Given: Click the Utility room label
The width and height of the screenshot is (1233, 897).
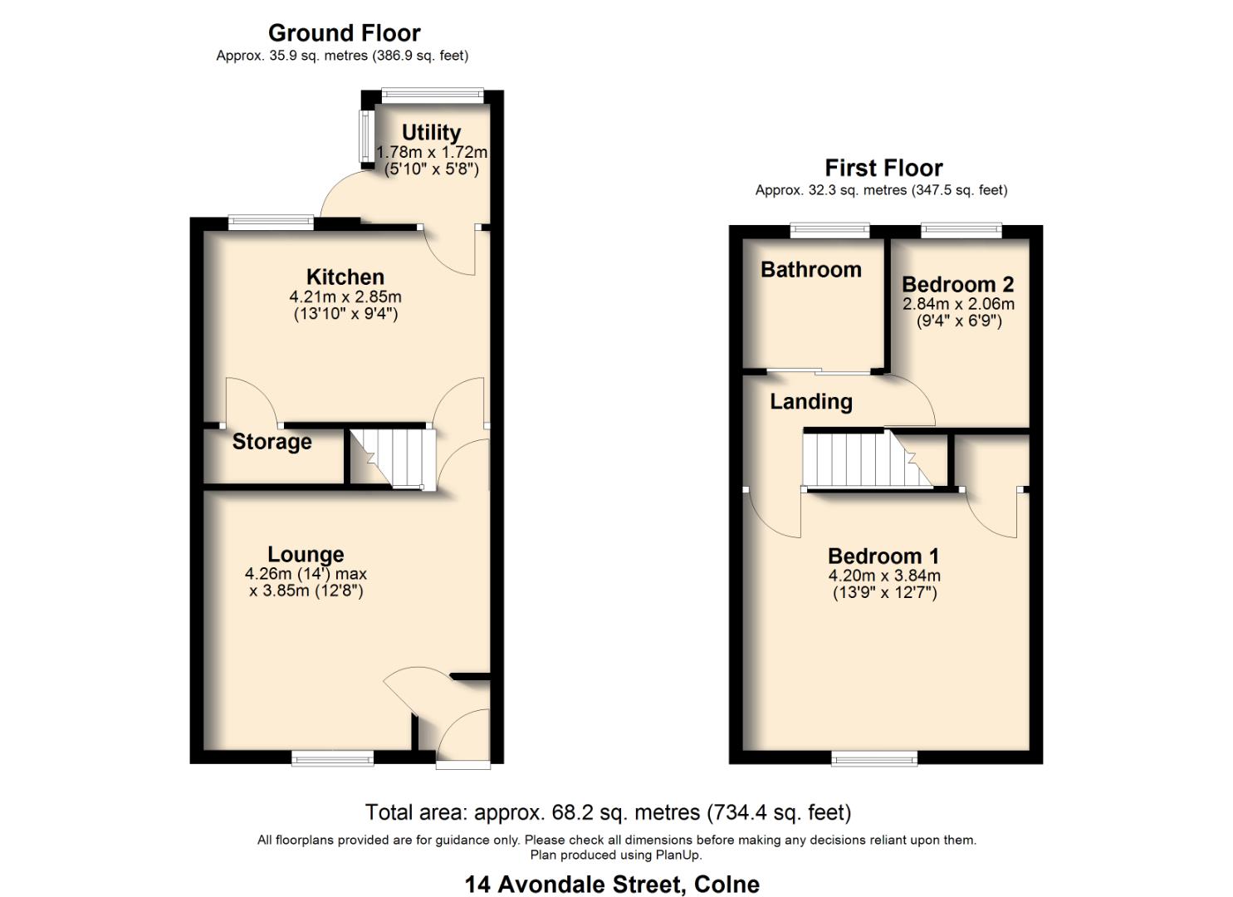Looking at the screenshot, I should pyautogui.click(x=431, y=133).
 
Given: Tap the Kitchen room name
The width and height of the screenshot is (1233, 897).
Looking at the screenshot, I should pyautogui.click(x=345, y=277).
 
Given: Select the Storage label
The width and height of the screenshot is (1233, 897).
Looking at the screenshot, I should pyautogui.click(x=272, y=442).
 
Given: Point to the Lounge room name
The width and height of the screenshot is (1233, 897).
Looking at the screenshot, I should pyautogui.click(x=306, y=554).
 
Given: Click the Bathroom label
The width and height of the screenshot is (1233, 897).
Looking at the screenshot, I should pyautogui.click(x=810, y=270).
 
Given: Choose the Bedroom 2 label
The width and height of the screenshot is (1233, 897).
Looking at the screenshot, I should pyautogui.click(x=957, y=285).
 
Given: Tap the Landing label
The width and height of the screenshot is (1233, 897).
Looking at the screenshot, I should pyautogui.click(x=810, y=402).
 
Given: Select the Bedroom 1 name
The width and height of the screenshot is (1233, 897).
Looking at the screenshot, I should pyautogui.click(x=883, y=556).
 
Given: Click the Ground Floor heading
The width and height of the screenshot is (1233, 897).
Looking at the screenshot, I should pyautogui.click(x=344, y=33).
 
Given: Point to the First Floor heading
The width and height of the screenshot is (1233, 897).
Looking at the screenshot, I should pyautogui.click(x=883, y=168).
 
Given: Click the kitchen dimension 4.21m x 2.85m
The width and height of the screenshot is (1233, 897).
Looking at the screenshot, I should pyautogui.click(x=345, y=297).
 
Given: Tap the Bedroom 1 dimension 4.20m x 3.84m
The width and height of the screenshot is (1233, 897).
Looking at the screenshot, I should pyautogui.click(x=883, y=576).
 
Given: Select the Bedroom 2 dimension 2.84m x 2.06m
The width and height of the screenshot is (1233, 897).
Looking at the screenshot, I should pyautogui.click(x=958, y=304).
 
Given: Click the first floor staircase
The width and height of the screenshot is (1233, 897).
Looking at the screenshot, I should pyautogui.click(x=868, y=459).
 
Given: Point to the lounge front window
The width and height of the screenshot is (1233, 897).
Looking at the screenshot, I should pyautogui.click(x=332, y=757).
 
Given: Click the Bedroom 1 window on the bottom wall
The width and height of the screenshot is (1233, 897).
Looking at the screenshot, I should pyautogui.click(x=874, y=757).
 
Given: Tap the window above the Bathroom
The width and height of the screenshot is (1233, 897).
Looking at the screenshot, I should pyautogui.click(x=829, y=230).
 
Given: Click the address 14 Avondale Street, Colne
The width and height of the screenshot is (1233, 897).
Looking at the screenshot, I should pyautogui.click(x=612, y=885).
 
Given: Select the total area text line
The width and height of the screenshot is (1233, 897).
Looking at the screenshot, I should pyautogui.click(x=608, y=812).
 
